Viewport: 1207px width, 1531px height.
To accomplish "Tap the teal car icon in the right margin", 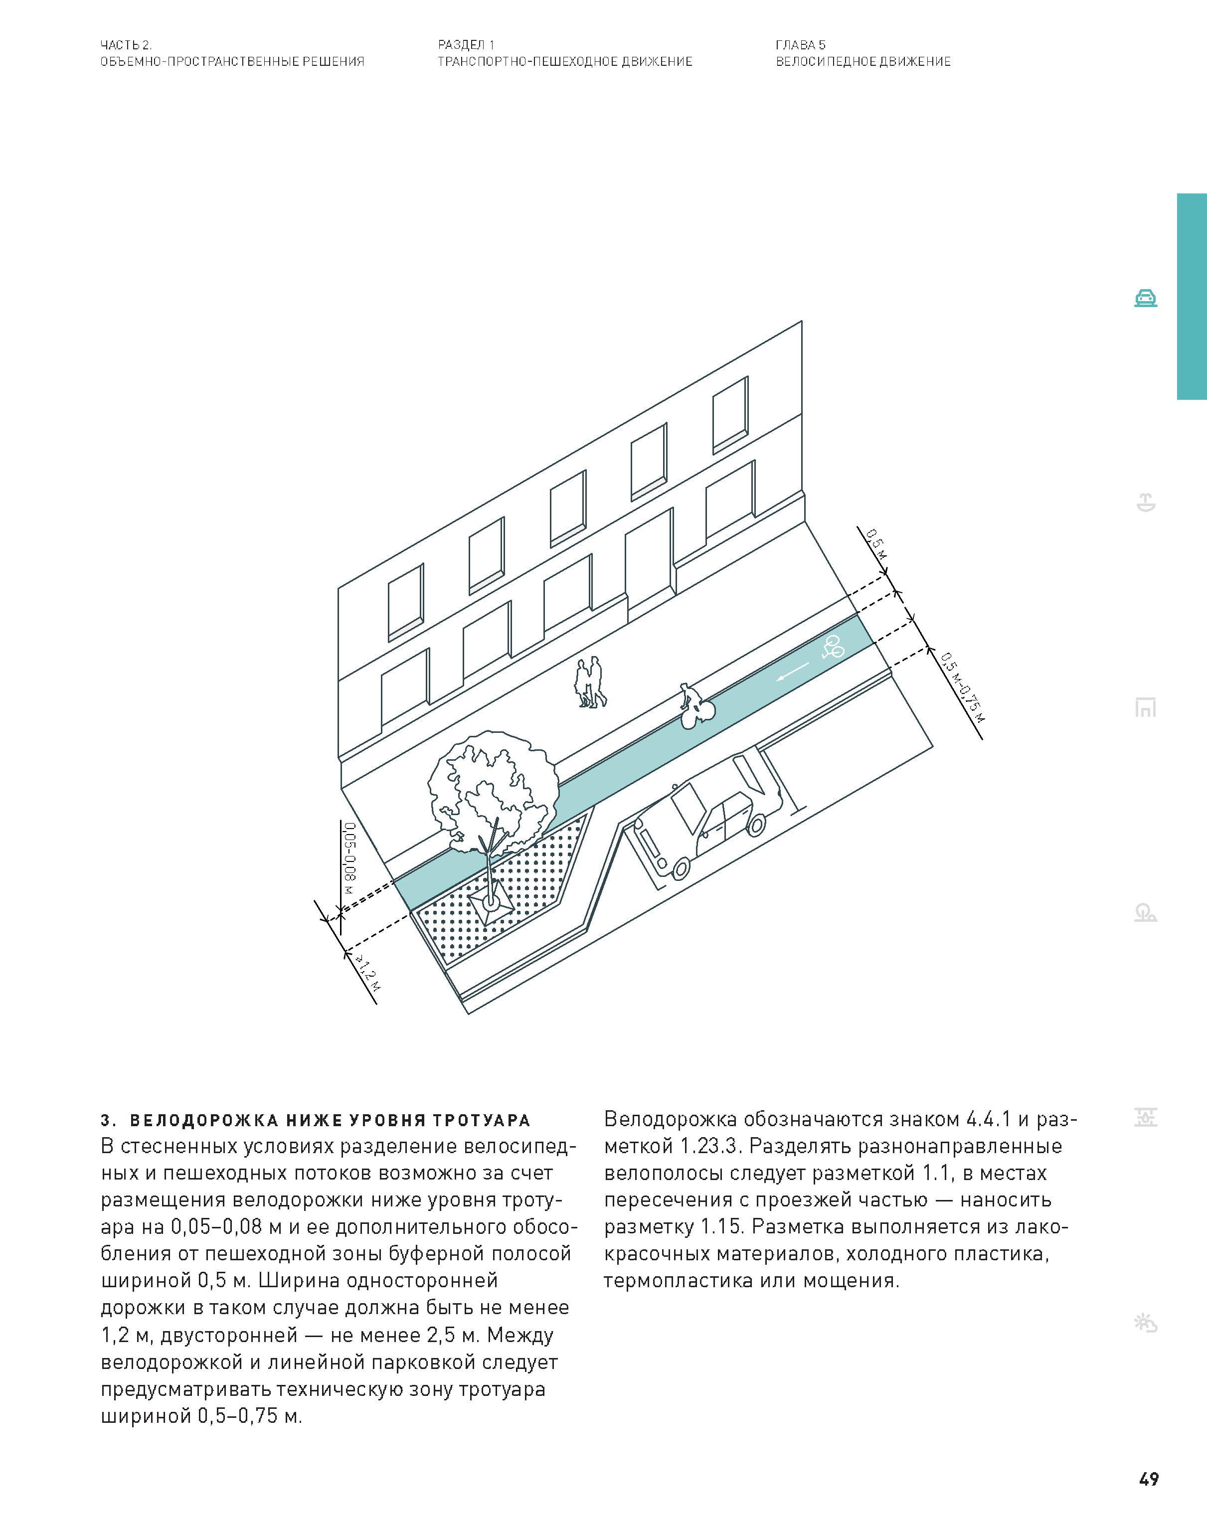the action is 1146,298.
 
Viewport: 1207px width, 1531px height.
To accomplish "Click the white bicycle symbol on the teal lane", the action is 833,647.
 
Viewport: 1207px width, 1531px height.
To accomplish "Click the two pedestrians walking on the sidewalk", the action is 591,682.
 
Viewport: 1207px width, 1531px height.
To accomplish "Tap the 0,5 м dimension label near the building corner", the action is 876,544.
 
